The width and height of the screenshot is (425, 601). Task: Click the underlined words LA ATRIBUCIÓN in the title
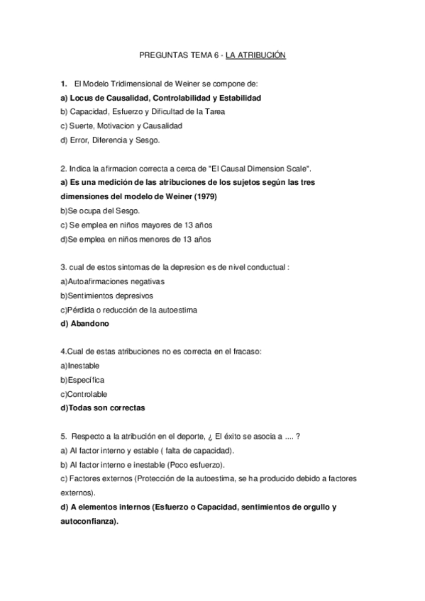tap(255, 55)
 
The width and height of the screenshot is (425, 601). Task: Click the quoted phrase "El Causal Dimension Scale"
tap(258, 168)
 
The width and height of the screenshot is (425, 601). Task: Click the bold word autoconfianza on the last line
tap(89, 522)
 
